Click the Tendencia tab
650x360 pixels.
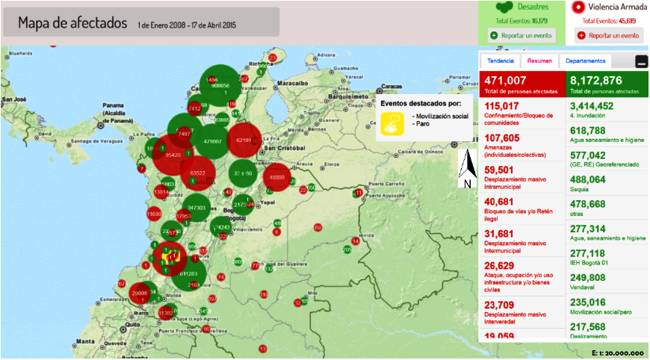click(x=501, y=60)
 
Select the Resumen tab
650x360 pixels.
click(x=539, y=60)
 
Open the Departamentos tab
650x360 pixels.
click(x=585, y=60)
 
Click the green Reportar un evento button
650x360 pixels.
click(x=521, y=35)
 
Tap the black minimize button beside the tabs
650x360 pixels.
click(x=641, y=61)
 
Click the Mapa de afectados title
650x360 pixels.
click(x=72, y=22)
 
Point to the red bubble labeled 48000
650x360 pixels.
click(x=276, y=177)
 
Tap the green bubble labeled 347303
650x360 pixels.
click(x=196, y=207)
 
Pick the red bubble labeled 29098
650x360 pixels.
click(x=140, y=294)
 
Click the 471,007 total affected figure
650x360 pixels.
click(x=506, y=81)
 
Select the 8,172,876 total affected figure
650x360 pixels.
click(x=595, y=81)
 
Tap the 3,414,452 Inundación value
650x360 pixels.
click(x=592, y=106)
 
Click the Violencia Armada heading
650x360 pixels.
click(x=617, y=7)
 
